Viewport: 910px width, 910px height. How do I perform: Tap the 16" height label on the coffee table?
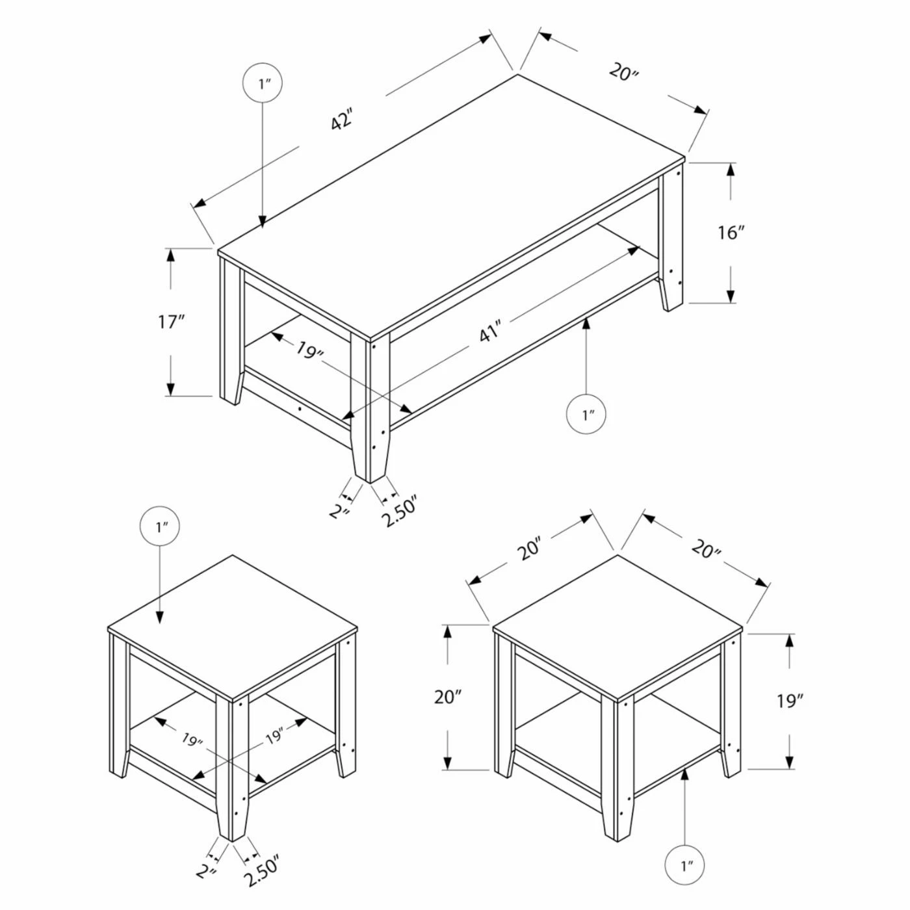point(731,232)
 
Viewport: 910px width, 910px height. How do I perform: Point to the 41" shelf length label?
point(489,332)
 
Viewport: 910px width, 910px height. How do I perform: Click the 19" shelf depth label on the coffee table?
point(310,350)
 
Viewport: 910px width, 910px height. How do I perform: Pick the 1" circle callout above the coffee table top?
point(263,83)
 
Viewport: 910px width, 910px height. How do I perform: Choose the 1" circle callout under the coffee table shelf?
point(586,413)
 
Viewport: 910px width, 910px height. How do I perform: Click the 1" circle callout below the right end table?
point(684,866)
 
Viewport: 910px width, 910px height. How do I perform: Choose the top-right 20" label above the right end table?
point(706,549)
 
